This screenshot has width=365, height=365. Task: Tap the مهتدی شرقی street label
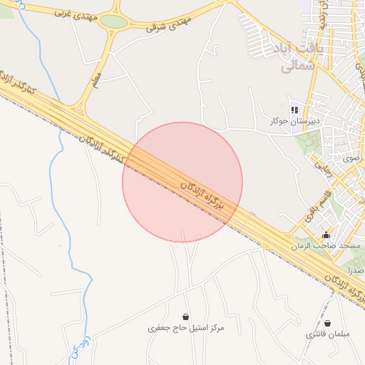point(170,24)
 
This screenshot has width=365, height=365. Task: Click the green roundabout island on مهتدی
point(114,21)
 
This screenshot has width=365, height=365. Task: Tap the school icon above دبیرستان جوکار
point(293,110)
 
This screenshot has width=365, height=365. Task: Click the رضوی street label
point(352,158)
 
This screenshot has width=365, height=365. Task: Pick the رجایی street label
point(319,168)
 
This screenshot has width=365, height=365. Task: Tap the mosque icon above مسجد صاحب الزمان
point(327,235)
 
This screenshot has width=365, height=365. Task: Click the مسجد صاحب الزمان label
point(326,245)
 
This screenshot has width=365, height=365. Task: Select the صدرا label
point(355,270)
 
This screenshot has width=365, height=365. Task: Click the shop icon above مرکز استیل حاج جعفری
point(186,317)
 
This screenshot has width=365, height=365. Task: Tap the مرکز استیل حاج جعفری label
point(186,328)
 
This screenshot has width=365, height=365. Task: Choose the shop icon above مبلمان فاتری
point(327,323)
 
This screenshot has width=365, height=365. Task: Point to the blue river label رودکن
point(79,345)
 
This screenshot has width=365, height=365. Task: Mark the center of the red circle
point(182,182)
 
